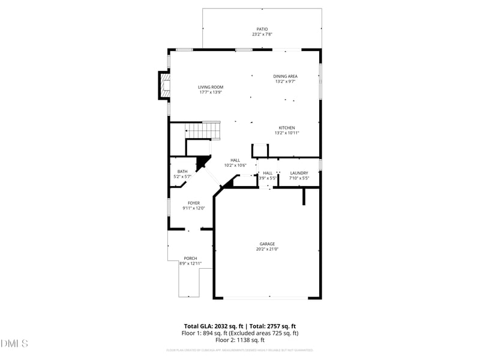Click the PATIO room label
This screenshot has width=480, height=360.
coord(262,29)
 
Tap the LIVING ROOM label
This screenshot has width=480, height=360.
coord(211,87)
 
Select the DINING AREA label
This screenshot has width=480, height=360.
coord(286,76)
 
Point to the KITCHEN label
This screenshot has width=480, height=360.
coord(286,127)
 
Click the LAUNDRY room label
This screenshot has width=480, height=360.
coord(299,173)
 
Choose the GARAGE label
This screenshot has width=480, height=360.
coord(267,244)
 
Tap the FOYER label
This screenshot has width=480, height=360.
coord(194,203)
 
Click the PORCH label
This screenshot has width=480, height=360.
coord(190,258)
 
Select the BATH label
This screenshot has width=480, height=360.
coord(182,172)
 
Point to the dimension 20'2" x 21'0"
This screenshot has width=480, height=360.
coord(267,249)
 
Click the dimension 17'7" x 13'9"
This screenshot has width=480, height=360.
coord(211,92)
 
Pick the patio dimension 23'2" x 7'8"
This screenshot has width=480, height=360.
coord(262,34)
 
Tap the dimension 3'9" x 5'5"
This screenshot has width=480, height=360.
coord(268,178)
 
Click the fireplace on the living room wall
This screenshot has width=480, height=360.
coord(163,85)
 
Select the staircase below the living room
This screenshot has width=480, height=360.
coord(203,130)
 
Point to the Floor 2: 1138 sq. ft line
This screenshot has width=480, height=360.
coord(240,340)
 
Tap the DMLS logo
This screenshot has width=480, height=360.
coord(14,344)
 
